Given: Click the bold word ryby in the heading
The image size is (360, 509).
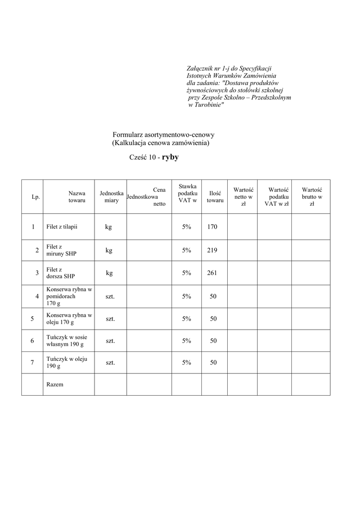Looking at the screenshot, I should pyautogui.click(x=170, y=157).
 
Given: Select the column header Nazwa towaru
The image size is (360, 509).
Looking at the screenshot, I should pyautogui.click(x=77, y=196).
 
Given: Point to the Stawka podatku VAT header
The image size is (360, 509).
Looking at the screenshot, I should pyautogui.click(x=187, y=193).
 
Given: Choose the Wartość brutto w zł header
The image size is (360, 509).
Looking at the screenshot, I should pyautogui.click(x=312, y=196).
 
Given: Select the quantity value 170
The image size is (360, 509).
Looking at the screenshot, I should pyautogui.click(x=212, y=227).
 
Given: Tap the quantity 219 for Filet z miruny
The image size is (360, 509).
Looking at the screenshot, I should pyautogui.click(x=212, y=251).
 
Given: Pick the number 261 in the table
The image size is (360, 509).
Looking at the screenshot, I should pyautogui.click(x=212, y=273).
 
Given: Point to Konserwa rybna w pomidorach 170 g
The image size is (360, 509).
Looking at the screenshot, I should pyautogui.click(x=69, y=296).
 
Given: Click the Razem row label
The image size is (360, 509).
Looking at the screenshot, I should pyautogui.click(x=55, y=384).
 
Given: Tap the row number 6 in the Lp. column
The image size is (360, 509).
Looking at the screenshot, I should pyautogui.click(x=32, y=340).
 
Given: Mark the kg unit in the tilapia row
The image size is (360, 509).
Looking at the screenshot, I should pyautogui.click(x=108, y=227).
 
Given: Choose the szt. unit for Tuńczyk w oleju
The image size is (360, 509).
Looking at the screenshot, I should pyautogui.click(x=110, y=363).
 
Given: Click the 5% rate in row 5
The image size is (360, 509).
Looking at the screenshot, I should pyautogui.click(x=186, y=319).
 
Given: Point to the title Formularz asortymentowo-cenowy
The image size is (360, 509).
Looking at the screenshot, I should pyautogui.click(x=164, y=135).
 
